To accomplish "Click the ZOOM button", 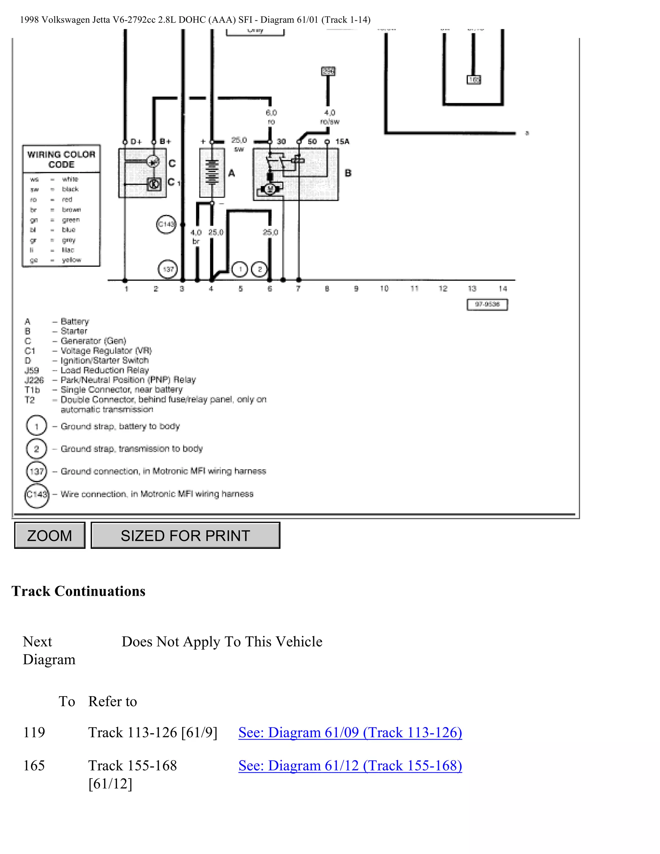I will coord(50,535).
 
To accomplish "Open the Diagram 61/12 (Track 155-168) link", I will coord(350,765).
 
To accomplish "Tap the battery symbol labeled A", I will coord(212,172).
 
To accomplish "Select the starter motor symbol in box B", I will coord(269,189).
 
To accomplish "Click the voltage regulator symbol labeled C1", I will coord(154,183).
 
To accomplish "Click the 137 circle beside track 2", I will coord(168,269).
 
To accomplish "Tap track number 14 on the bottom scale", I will coord(502,288).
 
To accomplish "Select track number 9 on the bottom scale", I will coord(356,288).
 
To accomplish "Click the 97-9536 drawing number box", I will coord(487,304).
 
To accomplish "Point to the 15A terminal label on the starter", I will coord(342,141).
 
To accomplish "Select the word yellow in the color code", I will coord(72,260).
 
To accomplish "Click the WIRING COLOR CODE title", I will coord(61,159).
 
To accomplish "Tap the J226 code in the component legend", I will coord(34,380).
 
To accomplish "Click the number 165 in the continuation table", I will coord(34,765).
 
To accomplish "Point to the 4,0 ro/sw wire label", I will coord(330,117).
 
